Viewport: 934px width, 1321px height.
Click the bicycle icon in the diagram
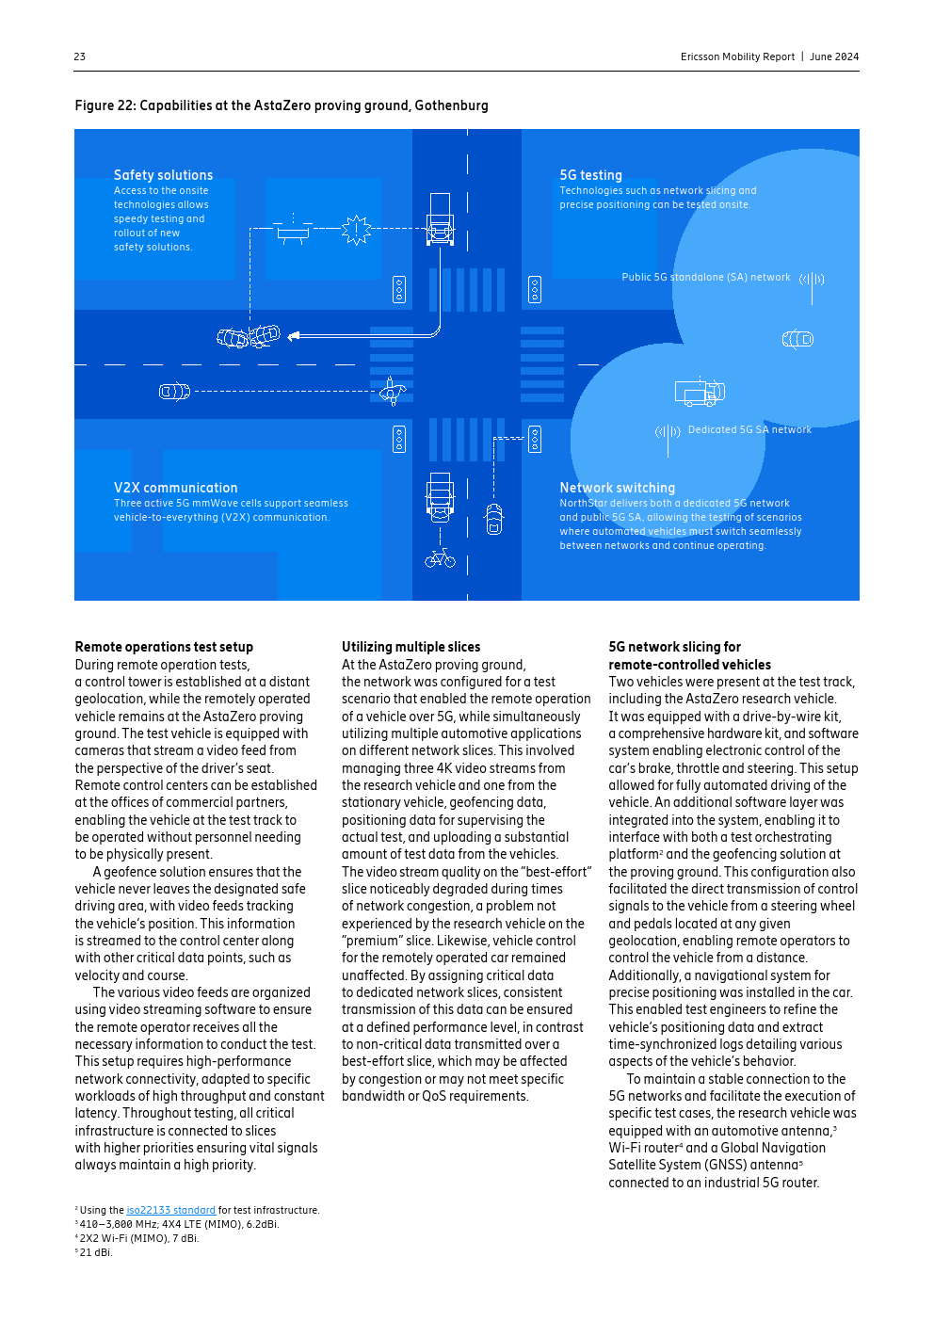pos(440,559)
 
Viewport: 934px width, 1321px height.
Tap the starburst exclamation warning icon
pos(357,229)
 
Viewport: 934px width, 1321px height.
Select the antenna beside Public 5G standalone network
pos(812,282)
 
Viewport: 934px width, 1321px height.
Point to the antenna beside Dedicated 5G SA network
pos(668,435)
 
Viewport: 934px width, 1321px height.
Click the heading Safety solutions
pos(163,175)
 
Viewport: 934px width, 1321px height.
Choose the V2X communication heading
pos(175,488)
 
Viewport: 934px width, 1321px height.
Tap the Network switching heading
pos(617,488)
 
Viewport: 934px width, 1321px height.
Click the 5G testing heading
pos(590,175)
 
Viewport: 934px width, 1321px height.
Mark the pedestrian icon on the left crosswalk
pos(393,390)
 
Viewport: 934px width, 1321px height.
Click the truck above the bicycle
pos(440,497)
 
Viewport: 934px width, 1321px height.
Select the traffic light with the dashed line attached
pos(535,439)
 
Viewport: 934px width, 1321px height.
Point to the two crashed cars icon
pos(249,335)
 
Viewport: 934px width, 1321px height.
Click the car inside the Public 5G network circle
pos(797,339)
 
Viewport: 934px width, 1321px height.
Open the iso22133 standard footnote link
pos(170,1210)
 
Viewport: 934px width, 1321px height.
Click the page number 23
pos(80,56)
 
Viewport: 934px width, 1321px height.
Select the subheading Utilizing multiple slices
pos(411,647)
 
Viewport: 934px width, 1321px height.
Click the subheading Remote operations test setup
pos(164,647)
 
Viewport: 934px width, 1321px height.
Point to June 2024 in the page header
pos(834,56)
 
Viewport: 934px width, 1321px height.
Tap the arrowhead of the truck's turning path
pos(293,335)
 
